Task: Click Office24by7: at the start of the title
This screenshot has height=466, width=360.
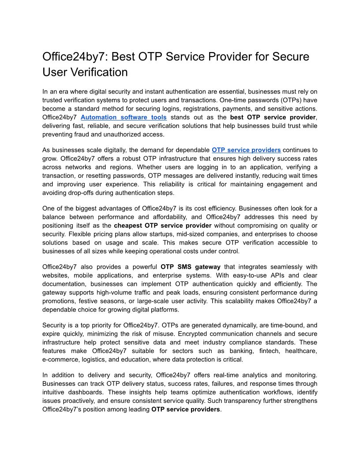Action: tap(75, 56)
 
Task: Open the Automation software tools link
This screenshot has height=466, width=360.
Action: tap(124, 117)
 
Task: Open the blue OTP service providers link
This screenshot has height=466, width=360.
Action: tap(246, 150)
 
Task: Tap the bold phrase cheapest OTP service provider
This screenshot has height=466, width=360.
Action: tap(163, 225)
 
